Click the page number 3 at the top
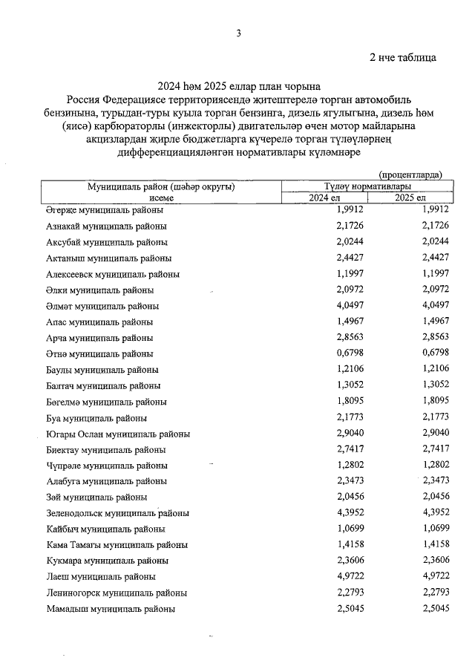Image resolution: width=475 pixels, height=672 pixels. click(238, 33)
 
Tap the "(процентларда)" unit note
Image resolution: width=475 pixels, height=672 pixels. click(410, 174)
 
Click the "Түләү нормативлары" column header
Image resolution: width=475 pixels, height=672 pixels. click(363, 186)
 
